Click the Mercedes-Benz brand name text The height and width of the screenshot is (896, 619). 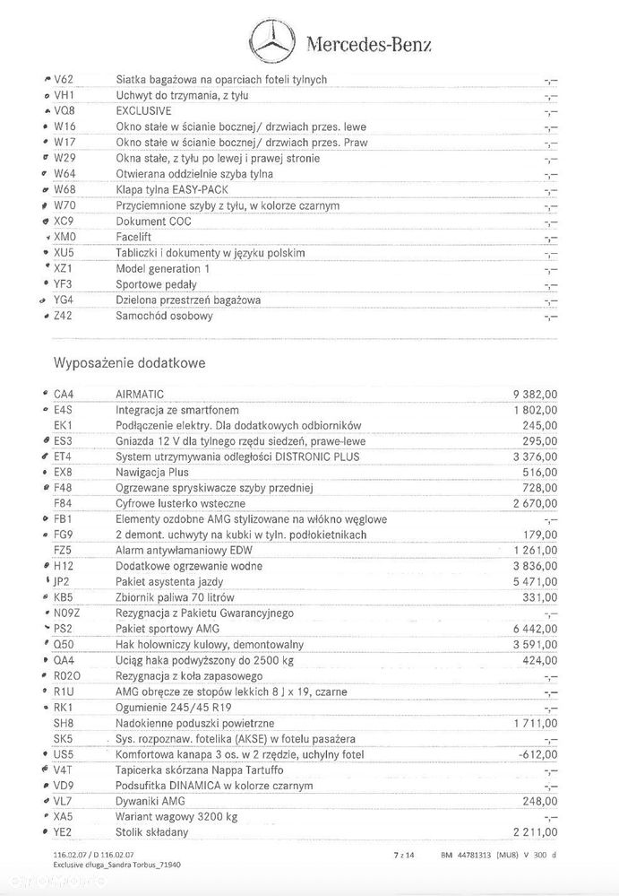coord(368,44)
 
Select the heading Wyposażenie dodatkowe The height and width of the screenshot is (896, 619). coord(130,363)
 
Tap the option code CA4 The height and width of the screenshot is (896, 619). coord(64,394)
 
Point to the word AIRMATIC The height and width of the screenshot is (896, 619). coord(140,394)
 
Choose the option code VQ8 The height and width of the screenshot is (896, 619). coord(64,111)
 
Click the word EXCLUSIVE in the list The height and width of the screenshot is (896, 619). coord(143,111)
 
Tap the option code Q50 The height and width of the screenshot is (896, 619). coord(64,645)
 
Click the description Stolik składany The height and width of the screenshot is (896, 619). coord(152,832)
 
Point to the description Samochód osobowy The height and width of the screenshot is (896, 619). coord(164,317)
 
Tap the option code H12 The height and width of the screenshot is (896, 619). coord(64,566)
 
